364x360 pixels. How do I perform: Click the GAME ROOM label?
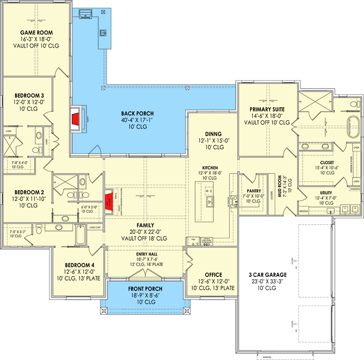click(x=36, y=33)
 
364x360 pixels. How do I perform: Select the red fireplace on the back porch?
click(x=75, y=120)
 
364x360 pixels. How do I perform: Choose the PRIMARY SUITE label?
click(x=267, y=109)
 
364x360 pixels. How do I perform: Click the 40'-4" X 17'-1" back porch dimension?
click(x=137, y=121)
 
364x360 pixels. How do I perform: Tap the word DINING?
click(x=213, y=134)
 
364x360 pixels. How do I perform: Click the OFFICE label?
click(x=213, y=275)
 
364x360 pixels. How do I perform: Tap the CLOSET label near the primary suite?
click(x=327, y=162)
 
